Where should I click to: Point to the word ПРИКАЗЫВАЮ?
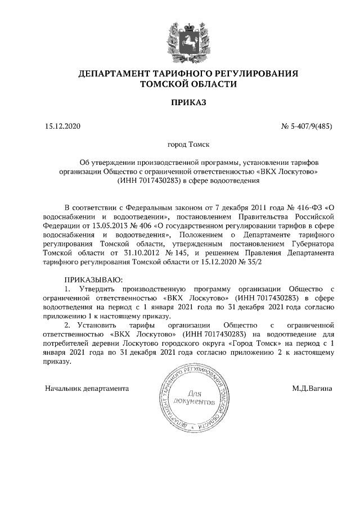click(x=93, y=280)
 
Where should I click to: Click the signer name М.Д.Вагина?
click(x=312, y=388)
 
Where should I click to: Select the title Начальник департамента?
click(x=87, y=388)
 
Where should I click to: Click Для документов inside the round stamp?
click(x=195, y=398)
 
